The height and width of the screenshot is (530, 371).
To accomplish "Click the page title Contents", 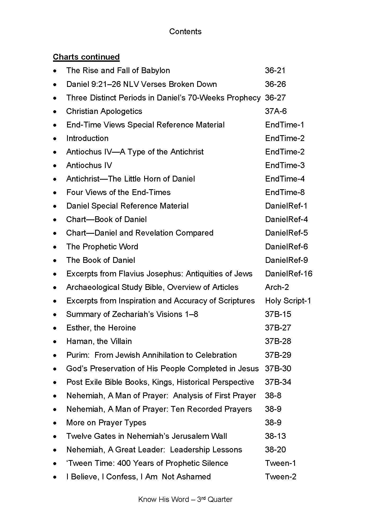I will pyautogui.click(x=185, y=32).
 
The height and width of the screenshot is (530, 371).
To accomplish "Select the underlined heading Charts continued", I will pyautogui.click(x=86, y=57).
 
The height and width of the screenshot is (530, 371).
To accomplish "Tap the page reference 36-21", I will pyautogui.click(x=275, y=70).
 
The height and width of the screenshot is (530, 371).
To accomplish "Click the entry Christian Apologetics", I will pyautogui.click(x=104, y=111).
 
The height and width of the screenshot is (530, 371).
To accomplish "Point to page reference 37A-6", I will pyautogui.click(x=276, y=111).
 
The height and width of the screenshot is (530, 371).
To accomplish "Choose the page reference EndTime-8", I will pyautogui.click(x=285, y=192).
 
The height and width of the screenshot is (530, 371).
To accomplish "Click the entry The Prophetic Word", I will pyautogui.click(x=102, y=247).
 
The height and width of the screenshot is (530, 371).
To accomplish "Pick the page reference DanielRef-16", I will pyautogui.click(x=289, y=274).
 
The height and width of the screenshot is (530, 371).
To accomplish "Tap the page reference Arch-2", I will pyautogui.click(x=277, y=287).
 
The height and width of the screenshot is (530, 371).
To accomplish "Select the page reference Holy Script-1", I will pyautogui.click(x=288, y=301).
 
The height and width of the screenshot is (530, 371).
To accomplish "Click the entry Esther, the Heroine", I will pyautogui.click(x=101, y=328).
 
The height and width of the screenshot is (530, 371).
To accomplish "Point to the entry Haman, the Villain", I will pyautogui.click(x=99, y=341).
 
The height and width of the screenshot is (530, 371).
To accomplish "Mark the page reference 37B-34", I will pyautogui.click(x=278, y=382).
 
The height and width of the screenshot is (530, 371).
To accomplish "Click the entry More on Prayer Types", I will pyautogui.click(x=106, y=423).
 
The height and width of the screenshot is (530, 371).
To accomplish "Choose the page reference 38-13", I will pyautogui.click(x=275, y=436).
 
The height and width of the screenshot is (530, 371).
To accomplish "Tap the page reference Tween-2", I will pyautogui.click(x=281, y=477).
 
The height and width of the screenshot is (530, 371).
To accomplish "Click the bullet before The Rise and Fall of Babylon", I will pyautogui.click(x=55, y=71).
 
